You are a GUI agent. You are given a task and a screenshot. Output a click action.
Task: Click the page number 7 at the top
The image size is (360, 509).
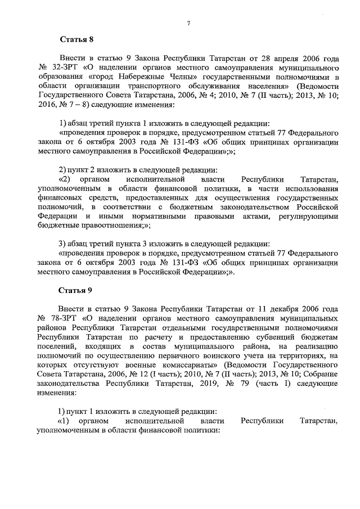189,23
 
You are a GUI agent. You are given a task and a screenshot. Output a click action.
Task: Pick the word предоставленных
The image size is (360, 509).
148,197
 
